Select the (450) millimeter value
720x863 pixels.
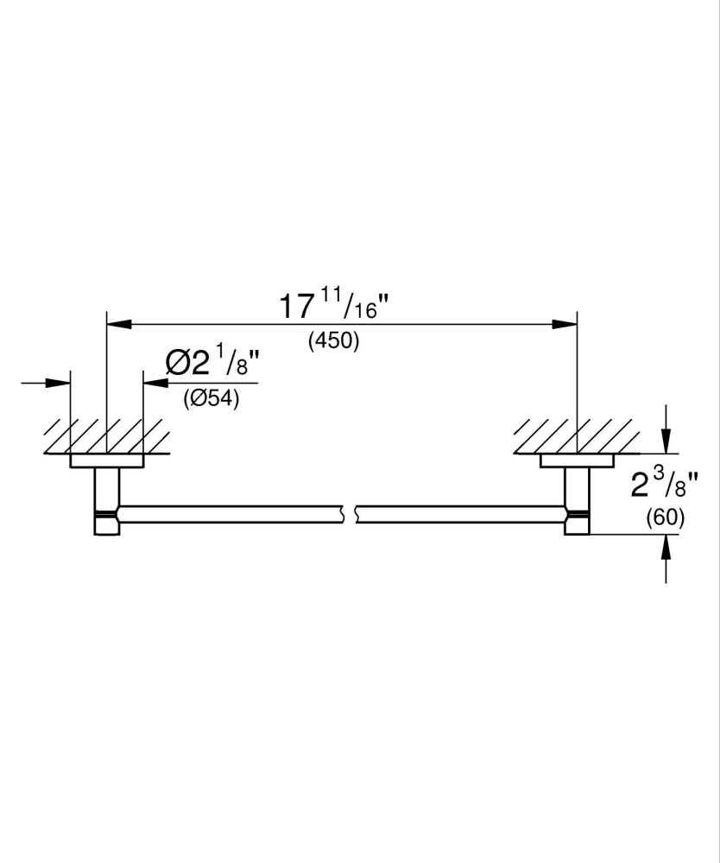tap(333, 341)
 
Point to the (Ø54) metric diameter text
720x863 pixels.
tap(211, 399)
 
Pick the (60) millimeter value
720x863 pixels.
tap(665, 518)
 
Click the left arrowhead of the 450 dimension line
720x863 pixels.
tap(117, 325)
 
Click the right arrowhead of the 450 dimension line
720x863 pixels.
tap(565, 325)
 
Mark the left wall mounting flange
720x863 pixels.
tap(106, 461)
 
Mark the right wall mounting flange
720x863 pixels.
tap(577, 461)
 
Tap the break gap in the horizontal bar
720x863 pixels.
tap(351, 513)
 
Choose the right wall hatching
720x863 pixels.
tap(574, 436)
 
